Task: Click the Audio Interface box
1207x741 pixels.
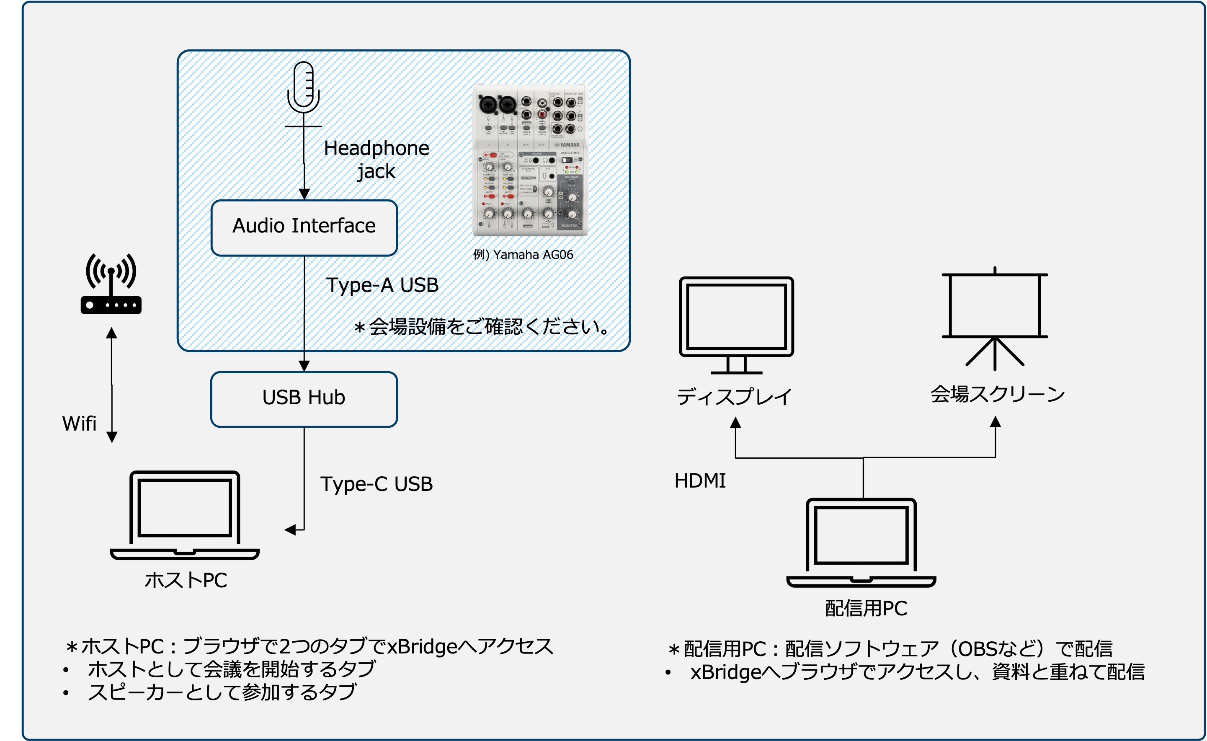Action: click(x=304, y=227)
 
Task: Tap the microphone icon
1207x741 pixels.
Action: click(x=304, y=88)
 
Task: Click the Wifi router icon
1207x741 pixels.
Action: click(x=111, y=284)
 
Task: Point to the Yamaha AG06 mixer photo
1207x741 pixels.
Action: click(x=530, y=159)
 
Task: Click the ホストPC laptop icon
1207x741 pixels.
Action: click(x=185, y=514)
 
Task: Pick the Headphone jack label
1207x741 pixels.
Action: click(x=376, y=160)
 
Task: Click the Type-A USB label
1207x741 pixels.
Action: click(x=382, y=285)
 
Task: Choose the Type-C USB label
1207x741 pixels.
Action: click(x=376, y=484)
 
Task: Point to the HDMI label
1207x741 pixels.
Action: click(x=700, y=481)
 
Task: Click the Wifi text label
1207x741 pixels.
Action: click(x=79, y=424)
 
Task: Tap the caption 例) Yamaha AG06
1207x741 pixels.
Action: click(x=523, y=255)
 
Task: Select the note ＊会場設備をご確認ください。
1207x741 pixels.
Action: click(x=482, y=327)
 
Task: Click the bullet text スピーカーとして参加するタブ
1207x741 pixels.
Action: click(x=222, y=692)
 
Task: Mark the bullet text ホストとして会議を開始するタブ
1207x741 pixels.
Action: click(x=232, y=669)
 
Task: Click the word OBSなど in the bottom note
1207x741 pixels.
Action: click(x=997, y=649)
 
